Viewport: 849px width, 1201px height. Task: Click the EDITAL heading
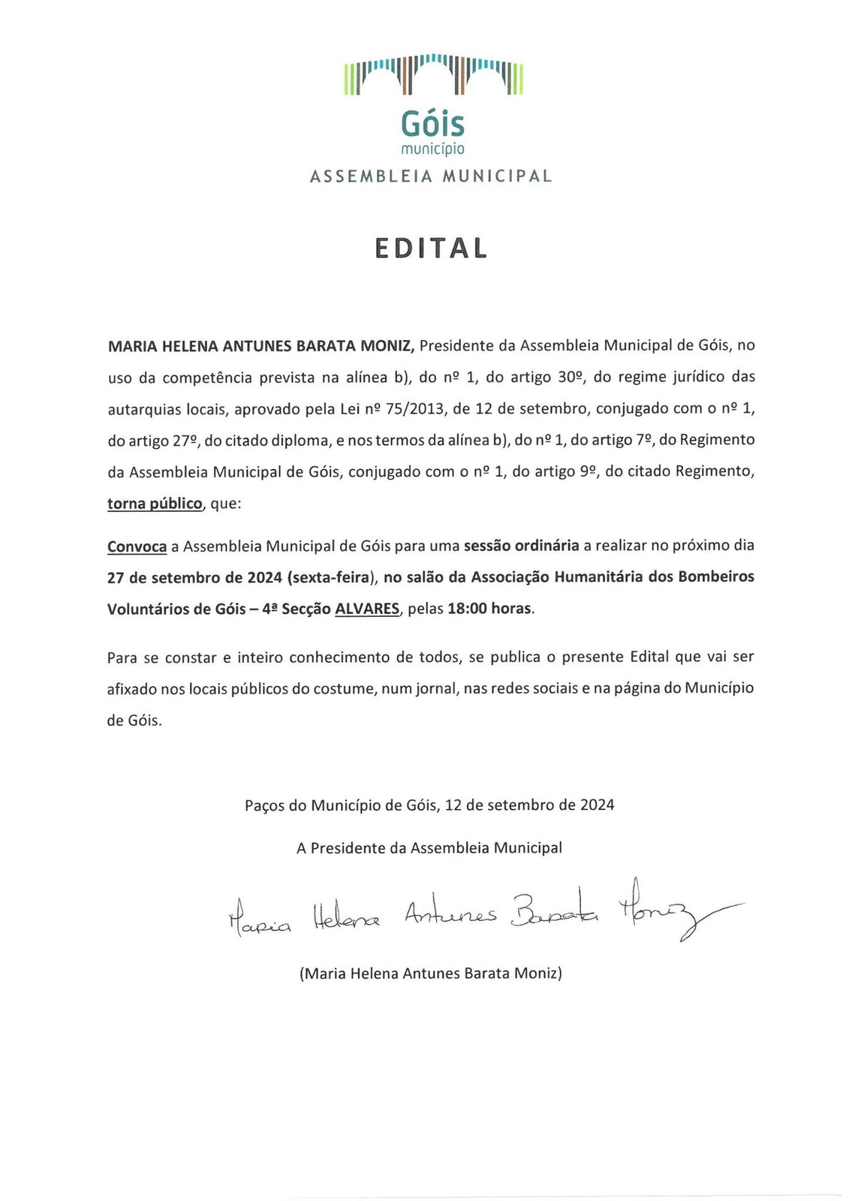[431, 248]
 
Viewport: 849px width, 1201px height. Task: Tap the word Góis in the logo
[432, 123]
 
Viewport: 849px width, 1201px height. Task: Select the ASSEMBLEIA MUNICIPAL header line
[431, 176]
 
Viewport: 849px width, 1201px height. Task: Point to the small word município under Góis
[432, 149]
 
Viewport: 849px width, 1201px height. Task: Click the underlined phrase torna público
[155, 504]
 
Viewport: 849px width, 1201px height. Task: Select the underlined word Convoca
[137, 546]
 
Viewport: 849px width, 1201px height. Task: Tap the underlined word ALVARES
[366, 609]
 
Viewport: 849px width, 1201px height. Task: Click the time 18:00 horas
[490, 609]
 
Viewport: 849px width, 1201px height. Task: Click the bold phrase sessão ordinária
[521, 546]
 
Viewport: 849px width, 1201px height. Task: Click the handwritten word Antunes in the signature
[450, 914]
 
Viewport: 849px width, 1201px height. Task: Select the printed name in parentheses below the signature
[430, 974]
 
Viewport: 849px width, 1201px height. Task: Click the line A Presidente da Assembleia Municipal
[429, 848]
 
